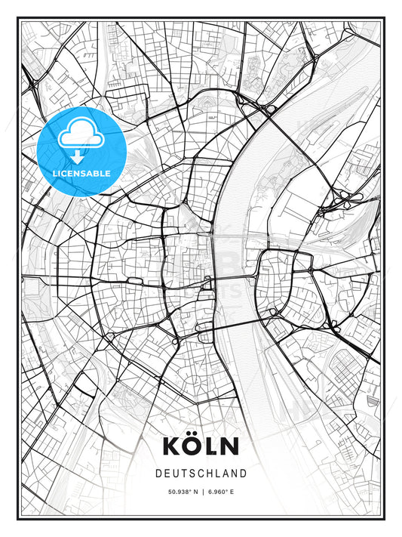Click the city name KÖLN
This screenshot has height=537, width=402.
click(x=201, y=446)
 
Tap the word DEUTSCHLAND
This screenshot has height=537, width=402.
click(x=201, y=474)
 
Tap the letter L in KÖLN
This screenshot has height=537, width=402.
click(x=212, y=446)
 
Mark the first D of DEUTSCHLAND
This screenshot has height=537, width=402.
click(x=158, y=474)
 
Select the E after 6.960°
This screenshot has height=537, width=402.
click(x=233, y=492)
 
